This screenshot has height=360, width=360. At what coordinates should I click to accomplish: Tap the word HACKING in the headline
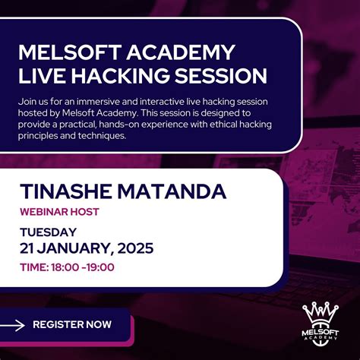tap(117, 77)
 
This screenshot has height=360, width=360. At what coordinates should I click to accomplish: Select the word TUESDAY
tap(47, 232)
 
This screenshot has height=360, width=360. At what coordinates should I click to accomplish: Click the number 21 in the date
tap(28, 248)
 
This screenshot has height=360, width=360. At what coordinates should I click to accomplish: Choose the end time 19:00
tap(100, 267)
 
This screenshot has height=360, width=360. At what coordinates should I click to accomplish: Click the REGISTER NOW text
tap(71, 325)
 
